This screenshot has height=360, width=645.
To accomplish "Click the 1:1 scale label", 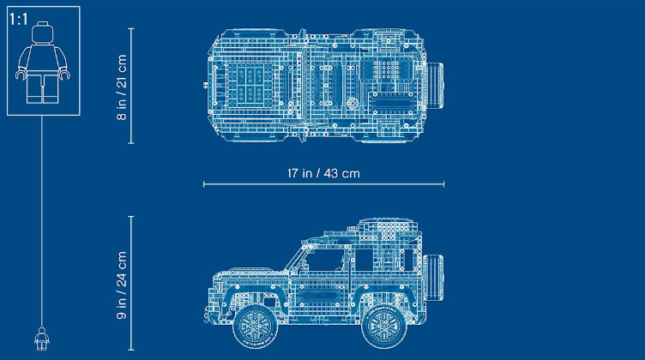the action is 19,19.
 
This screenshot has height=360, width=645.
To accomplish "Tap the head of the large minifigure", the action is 43,33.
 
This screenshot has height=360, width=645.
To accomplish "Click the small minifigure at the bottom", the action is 41,339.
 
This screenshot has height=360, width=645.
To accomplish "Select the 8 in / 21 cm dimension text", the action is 122,87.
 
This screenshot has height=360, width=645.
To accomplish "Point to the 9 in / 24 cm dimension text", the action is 122,285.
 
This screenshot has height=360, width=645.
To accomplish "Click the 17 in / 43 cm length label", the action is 323,173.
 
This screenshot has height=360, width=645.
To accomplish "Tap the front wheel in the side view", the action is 255,326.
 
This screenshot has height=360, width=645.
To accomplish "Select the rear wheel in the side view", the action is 383,327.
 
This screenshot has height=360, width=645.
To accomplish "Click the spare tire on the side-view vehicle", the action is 433,277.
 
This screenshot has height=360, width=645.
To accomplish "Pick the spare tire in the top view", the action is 435,86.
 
